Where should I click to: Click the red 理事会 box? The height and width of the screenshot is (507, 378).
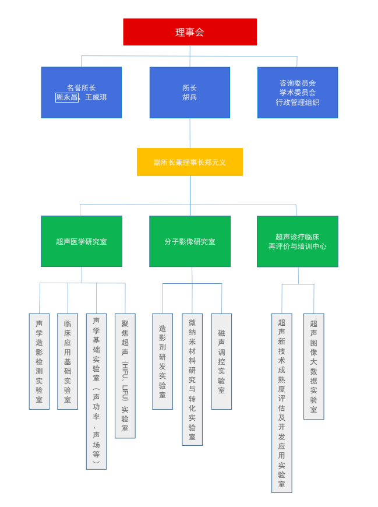pyautogui.click(x=190, y=32)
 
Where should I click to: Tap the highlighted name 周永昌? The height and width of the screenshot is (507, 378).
pyautogui.click(x=67, y=97)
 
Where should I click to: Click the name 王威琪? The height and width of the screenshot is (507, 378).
pyautogui.click(x=96, y=97)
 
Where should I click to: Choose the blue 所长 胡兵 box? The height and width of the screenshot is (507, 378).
pyautogui.click(x=190, y=93)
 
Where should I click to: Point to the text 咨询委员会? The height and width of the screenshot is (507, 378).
pyautogui.click(x=298, y=83)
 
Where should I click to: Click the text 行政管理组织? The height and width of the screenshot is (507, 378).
pyautogui.click(x=298, y=102)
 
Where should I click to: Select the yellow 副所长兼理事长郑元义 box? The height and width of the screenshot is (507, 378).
pyautogui.click(x=190, y=162)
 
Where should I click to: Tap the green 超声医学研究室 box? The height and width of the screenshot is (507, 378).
pyautogui.click(x=82, y=241)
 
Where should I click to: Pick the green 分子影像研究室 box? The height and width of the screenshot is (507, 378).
pyautogui.click(x=190, y=241)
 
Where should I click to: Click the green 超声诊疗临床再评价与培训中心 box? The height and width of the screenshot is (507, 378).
pyautogui.click(x=298, y=241)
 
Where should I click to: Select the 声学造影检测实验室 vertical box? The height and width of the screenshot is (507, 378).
pyautogui.click(x=39, y=361)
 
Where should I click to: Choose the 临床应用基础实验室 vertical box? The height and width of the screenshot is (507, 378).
pyautogui.click(x=68, y=361)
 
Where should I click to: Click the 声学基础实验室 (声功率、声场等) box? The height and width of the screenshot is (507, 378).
pyautogui.click(x=96, y=391)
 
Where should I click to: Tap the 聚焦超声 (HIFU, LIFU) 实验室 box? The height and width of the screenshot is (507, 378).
pyautogui.click(x=125, y=376)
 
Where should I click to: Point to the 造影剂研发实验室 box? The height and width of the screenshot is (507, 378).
pyautogui.click(x=162, y=361)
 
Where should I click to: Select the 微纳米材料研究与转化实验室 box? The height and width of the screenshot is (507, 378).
pyautogui.click(x=192, y=379)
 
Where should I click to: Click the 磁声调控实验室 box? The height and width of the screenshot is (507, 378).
pyautogui.click(x=221, y=361)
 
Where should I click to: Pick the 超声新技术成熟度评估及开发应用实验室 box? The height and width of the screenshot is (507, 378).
pyautogui.click(x=282, y=403)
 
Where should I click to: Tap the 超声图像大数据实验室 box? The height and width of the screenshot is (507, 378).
pyautogui.click(x=314, y=366)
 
